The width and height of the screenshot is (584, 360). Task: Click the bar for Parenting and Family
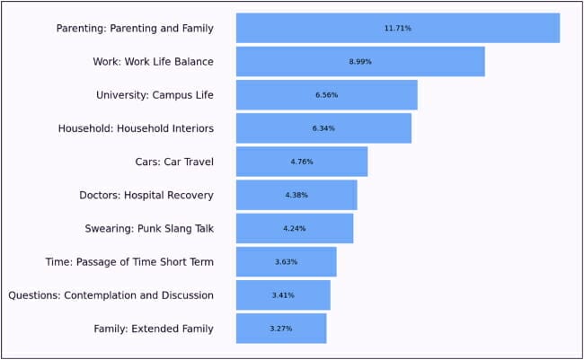[398, 28]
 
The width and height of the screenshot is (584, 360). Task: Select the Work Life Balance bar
[360, 61]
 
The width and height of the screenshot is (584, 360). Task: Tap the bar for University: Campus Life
[327, 95]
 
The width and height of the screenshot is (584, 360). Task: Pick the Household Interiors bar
[323, 128]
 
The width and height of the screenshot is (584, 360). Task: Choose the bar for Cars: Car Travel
[302, 162]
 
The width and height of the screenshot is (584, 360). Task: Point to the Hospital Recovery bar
[296, 195]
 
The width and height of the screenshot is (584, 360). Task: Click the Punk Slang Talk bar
[295, 228]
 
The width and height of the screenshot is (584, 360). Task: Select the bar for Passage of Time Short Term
[286, 262]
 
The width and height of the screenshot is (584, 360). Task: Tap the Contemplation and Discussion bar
[283, 295]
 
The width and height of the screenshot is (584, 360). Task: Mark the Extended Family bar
[281, 329]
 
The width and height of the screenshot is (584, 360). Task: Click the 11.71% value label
[398, 29]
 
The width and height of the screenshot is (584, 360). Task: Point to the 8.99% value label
[360, 62]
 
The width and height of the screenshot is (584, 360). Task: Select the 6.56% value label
[327, 95]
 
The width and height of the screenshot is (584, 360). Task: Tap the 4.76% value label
[302, 162]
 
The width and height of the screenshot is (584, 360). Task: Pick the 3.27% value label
[281, 329]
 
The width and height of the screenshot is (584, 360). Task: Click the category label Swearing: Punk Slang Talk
[149, 229]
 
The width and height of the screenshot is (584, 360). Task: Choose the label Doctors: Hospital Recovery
[146, 196]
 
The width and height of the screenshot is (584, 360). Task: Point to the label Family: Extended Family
[154, 329]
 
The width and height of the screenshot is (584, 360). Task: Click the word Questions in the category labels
[34, 295]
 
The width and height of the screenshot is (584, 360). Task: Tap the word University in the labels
[122, 95]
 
